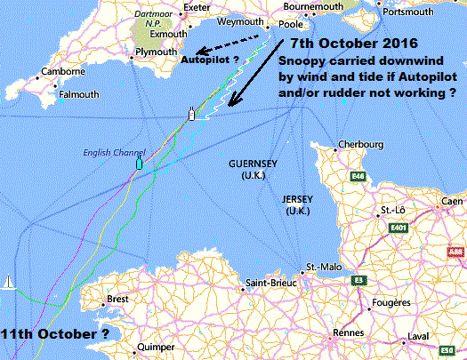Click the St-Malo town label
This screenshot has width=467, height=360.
click(318, 267)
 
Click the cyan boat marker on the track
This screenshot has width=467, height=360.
click(139, 164)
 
